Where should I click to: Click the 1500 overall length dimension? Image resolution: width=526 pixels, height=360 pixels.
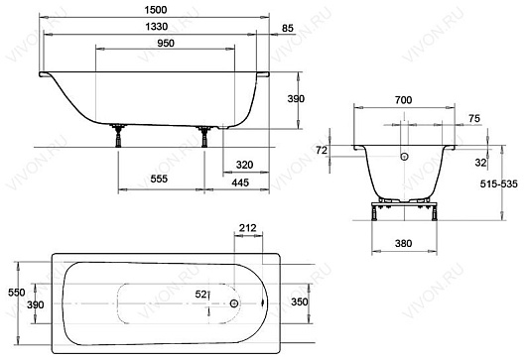[156, 10]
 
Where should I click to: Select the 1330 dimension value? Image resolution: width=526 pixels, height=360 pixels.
[157, 27]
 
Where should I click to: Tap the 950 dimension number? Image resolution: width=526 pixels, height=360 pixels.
[166, 44]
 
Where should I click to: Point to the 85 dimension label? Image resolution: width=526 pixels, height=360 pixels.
[288, 29]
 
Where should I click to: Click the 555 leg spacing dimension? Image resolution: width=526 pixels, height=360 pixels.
[159, 179]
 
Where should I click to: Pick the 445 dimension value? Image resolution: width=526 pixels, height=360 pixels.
[240, 182]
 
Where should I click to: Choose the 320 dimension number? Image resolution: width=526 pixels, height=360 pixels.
[244, 165]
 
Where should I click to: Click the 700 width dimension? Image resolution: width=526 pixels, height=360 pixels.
[404, 100]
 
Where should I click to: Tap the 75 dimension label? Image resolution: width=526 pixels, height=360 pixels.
[474, 118]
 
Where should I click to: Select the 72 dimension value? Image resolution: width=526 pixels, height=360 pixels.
[322, 151]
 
